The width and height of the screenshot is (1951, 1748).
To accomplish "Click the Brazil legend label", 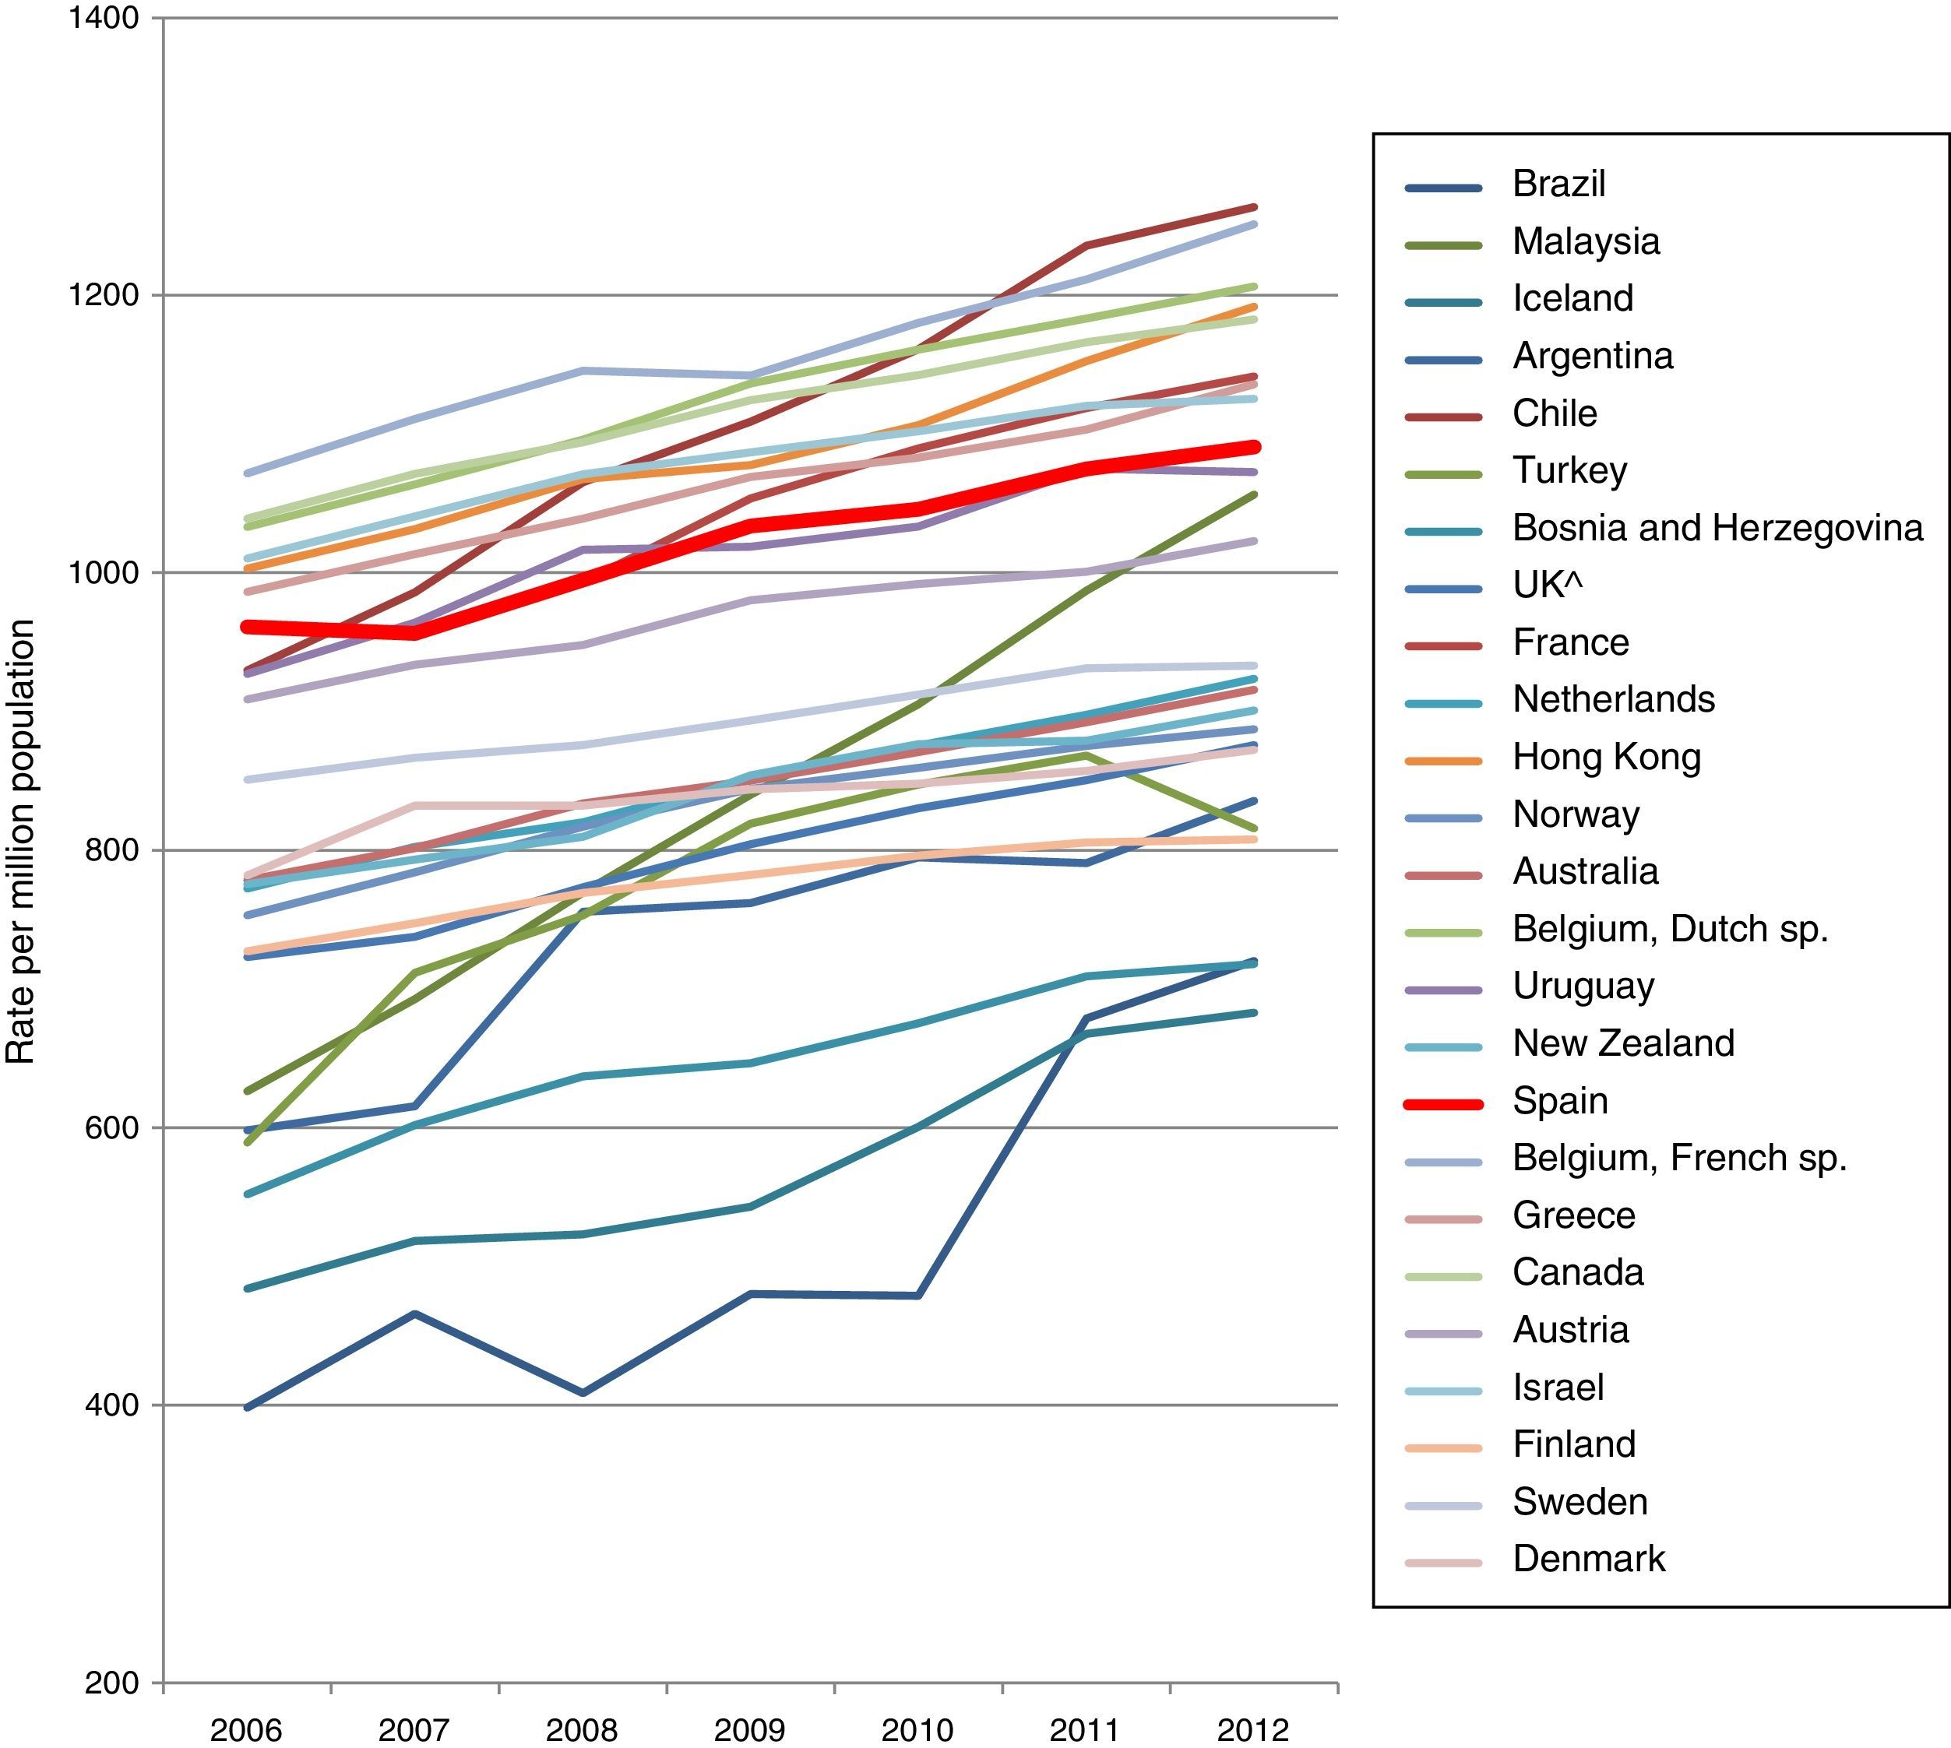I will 1558,185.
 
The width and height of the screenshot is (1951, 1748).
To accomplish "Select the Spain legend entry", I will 1560,1101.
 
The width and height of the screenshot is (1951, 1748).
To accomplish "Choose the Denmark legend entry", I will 1589,1559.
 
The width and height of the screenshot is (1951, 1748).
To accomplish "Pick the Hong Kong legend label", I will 1606,758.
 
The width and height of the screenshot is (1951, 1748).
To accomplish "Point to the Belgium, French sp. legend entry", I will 1679,1159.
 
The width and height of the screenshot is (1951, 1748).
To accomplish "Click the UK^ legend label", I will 1547,585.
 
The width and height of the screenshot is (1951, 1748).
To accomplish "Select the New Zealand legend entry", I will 1623,1044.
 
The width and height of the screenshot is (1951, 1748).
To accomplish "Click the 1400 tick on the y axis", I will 104,17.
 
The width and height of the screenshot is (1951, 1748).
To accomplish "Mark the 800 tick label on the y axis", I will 111,851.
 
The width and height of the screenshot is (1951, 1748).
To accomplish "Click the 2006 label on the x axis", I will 246,1731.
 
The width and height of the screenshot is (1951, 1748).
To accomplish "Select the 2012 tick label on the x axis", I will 1252,1731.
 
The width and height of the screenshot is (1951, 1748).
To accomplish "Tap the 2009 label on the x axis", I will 749,1731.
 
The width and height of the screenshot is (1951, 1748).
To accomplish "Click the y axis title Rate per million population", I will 21,842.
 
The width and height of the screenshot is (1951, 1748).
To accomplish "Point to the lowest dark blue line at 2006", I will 248,1407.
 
